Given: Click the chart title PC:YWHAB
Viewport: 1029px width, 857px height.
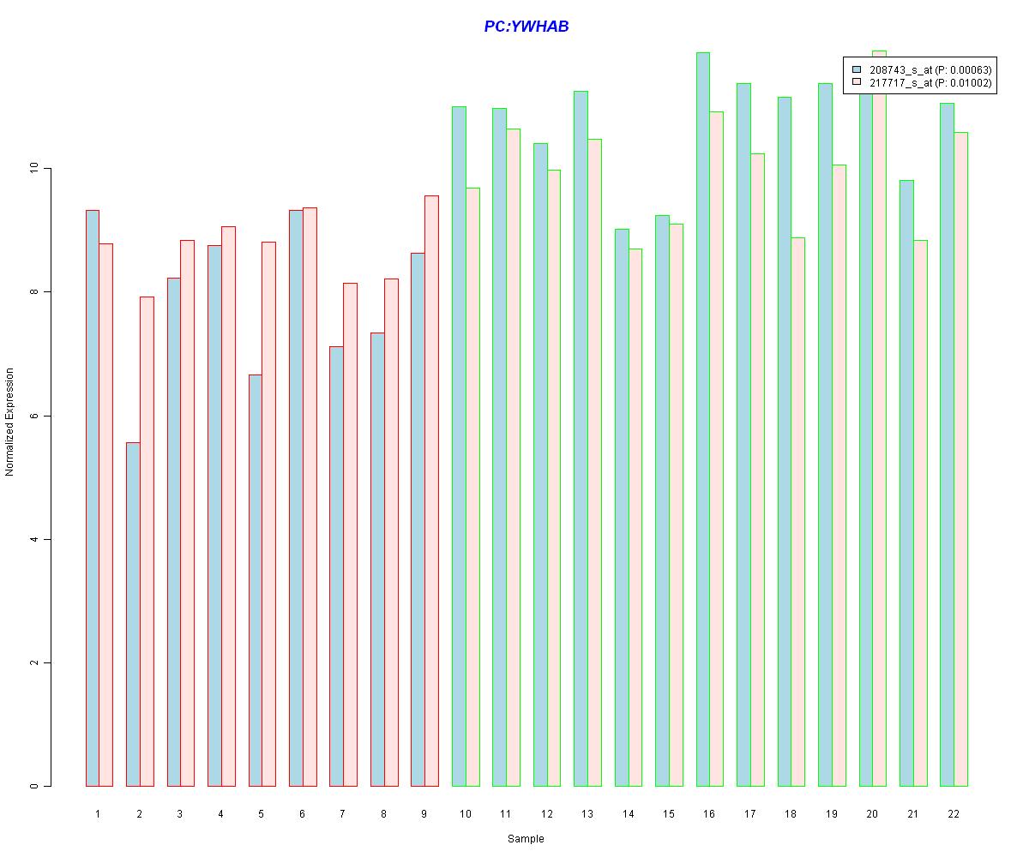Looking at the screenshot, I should click(x=526, y=27).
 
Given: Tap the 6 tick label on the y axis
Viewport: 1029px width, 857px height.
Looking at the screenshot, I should click(x=35, y=416).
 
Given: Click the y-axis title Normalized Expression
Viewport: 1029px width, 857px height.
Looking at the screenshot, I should click(x=9, y=422).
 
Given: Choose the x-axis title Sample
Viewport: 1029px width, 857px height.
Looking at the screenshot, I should click(x=525, y=839).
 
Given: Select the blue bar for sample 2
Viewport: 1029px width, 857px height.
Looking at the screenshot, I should click(x=133, y=614).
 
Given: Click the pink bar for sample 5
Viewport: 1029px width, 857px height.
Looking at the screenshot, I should click(x=268, y=514).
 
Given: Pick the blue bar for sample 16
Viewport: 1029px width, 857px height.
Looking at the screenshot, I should click(x=702, y=419).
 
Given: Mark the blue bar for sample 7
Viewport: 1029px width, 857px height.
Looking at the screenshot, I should click(x=336, y=566).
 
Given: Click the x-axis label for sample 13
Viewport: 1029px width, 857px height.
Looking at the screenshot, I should click(x=587, y=813).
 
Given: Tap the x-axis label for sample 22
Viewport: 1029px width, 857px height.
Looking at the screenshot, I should click(x=954, y=813).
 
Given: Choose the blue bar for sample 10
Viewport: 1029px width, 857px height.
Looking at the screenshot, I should click(x=459, y=446).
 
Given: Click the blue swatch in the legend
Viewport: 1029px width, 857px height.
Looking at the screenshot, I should click(x=856, y=69).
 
